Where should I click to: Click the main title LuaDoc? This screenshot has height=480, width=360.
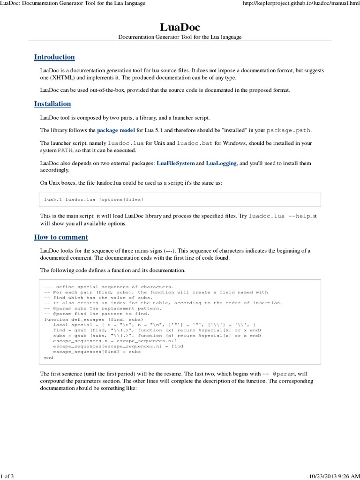[180, 27]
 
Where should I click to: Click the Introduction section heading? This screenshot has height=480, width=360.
[54, 57]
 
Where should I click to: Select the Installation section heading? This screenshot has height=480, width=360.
[52, 104]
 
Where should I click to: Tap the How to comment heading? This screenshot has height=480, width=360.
[61, 237]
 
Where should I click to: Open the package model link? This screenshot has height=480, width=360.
[116, 130]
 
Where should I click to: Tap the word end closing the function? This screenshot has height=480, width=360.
[48, 357]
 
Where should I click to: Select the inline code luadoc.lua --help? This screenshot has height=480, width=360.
[280, 216]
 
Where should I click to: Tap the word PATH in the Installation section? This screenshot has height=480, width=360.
[65, 150]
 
